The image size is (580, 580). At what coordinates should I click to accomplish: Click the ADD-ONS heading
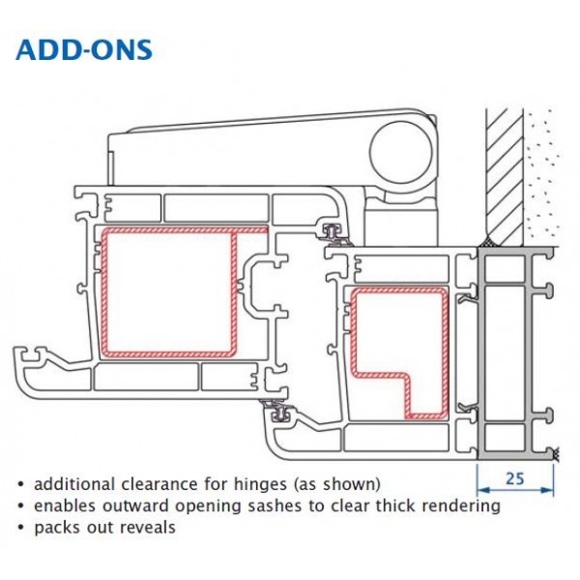pos(84,50)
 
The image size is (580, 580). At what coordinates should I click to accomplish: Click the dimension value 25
pos(515,478)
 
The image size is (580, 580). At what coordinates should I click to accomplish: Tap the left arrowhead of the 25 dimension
pos(483,490)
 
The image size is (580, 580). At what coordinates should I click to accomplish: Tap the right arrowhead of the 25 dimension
pos(547,490)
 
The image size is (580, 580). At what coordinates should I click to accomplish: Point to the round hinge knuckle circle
pos(402,151)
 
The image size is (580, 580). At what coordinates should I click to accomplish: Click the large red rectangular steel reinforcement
pos(104,292)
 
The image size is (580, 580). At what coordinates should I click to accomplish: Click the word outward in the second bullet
pos(135,506)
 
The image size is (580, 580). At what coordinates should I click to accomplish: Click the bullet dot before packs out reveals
pos(20,528)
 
